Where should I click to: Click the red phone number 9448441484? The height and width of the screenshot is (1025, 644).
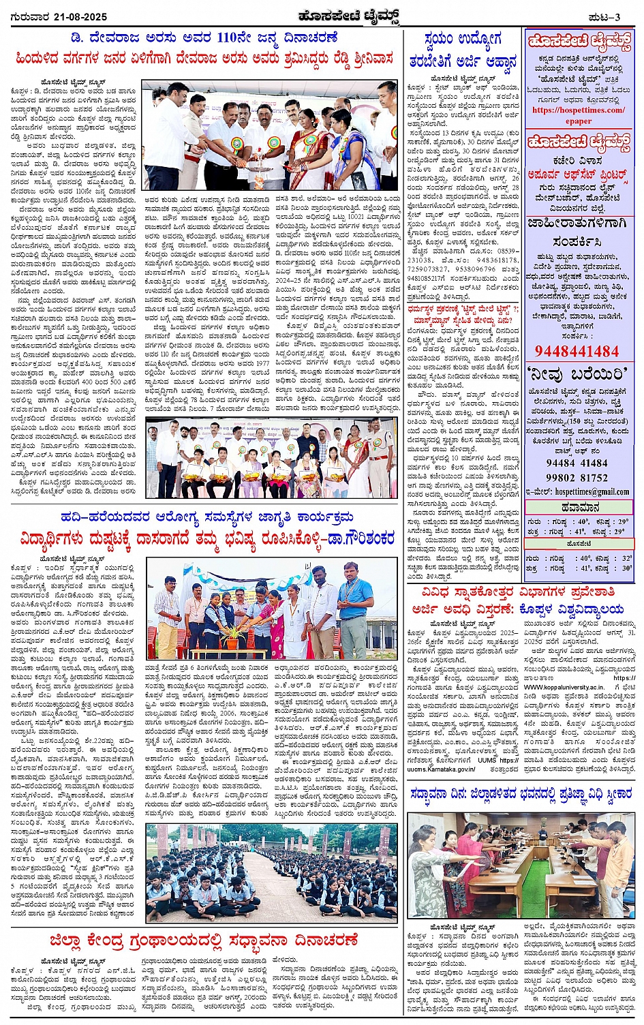point(577,352)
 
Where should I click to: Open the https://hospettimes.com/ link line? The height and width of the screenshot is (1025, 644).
point(579,110)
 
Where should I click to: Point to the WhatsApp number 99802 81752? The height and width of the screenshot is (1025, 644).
point(577,477)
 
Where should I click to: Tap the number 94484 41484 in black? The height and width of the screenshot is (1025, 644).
point(577,463)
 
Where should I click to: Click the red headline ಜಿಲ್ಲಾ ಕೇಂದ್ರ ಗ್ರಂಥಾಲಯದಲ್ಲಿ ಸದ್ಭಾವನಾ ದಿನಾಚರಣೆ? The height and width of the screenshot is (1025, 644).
point(203,940)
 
